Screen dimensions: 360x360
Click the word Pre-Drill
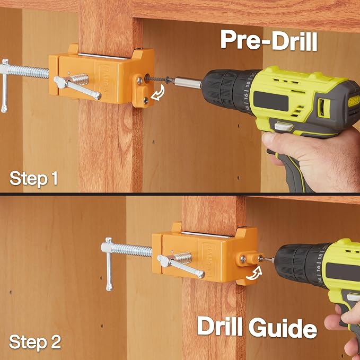[269, 40]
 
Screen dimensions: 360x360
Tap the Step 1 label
[33, 179]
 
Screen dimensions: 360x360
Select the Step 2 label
[35, 342]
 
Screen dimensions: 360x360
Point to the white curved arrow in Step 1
[159, 93]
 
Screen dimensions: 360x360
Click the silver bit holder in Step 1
[188, 83]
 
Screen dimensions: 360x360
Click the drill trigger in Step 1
[284, 127]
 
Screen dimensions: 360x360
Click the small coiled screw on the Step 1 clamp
[80, 80]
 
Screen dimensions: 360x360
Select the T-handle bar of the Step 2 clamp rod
[109, 264]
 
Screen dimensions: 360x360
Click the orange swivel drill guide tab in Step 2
[250, 258]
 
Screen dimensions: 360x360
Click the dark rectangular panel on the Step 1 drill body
[271, 101]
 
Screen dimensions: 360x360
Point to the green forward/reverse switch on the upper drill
[324, 108]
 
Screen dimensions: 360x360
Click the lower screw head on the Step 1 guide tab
[146, 100]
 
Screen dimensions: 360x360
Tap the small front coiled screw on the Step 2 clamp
[183, 258]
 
